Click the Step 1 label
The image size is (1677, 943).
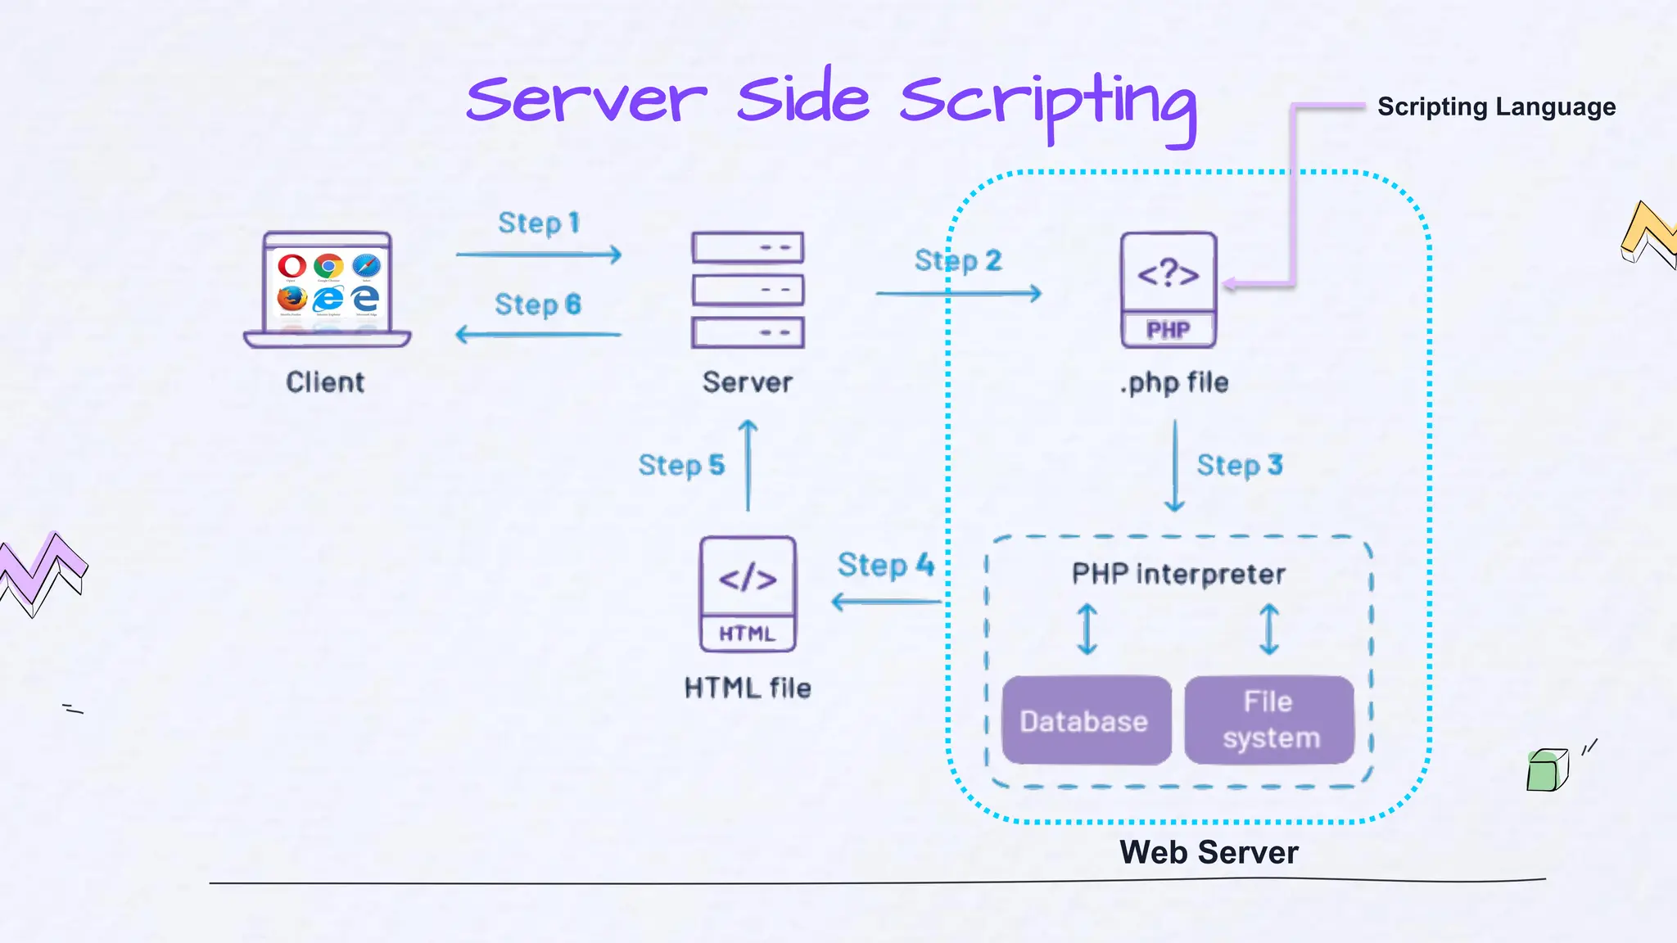[538, 223]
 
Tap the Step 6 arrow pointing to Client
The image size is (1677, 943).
[538, 334]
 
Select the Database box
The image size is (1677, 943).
[1086, 720]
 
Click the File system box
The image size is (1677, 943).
[1269, 720]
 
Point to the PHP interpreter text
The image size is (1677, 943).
[1178, 574]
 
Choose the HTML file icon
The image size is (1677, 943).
[747, 593]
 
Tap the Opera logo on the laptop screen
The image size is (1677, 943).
[292, 265]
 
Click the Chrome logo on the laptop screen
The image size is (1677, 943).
[328, 265]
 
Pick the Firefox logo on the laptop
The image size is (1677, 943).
[292, 298]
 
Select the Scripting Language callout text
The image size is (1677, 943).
[1496, 107]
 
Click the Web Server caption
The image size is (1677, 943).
[1209, 852]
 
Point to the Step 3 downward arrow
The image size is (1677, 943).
[1174, 467]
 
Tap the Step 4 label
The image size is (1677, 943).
[885, 565]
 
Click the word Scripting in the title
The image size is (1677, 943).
[1048, 102]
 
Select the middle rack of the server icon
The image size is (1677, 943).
[748, 290]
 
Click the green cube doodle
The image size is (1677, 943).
[1546, 770]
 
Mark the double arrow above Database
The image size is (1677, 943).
[1087, 629]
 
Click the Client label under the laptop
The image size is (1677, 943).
[325, 382]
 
